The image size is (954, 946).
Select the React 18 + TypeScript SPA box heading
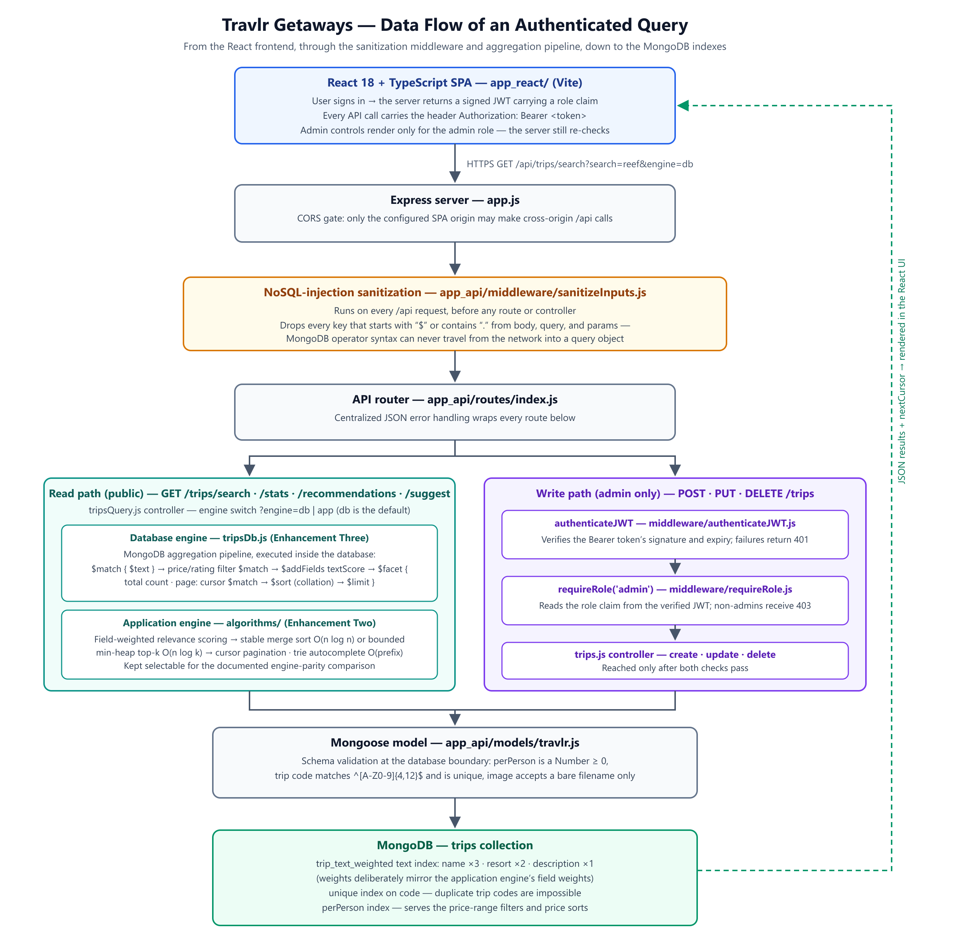(x=455, y=83)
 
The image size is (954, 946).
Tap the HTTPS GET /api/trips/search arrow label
(x=580, y=164)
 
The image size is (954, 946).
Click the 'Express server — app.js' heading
(x=455, y=200)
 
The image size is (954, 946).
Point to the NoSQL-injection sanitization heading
(x=455, y=293)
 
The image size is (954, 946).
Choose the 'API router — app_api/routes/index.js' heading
(x=455, y=400)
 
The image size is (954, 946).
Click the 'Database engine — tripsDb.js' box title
(x=250, y=538)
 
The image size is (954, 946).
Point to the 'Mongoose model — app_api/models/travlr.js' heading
(x=455, y=743)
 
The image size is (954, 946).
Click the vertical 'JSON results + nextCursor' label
(x=902, y=371)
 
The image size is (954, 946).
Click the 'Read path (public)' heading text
(x=250, y=494)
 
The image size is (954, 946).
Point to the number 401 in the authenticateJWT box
(x=801, y=540)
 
